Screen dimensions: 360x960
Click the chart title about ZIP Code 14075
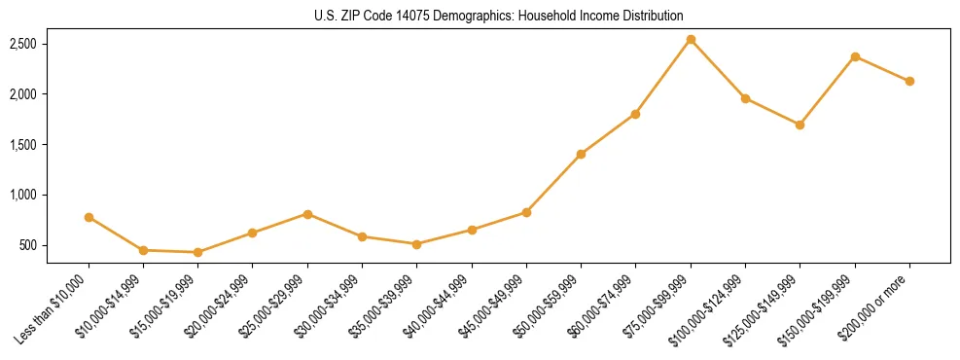tap(499, 16)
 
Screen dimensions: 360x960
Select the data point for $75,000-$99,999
tap(691, 40)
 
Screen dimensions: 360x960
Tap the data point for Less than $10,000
tap(89, 217)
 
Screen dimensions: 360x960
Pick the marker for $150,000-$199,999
tap(855, 56)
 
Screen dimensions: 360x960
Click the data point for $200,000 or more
tap(909, 81)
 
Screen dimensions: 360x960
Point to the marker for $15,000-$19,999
tap(198, 252)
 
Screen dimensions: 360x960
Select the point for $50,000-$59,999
tap(581, 154)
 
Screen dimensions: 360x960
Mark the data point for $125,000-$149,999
tap(800, 125)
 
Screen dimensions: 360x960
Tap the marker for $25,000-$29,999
tap(307, 213)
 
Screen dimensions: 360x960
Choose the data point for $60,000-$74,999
tap(635, 114)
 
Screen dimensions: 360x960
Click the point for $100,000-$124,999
tap(745, 98)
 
